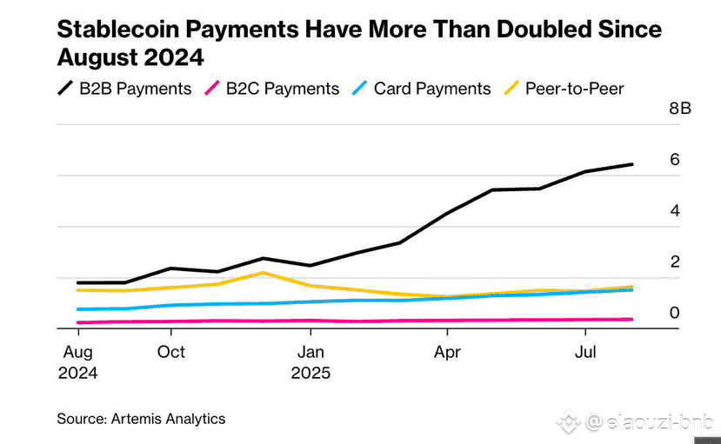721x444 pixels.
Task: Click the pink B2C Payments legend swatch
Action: point(210,89)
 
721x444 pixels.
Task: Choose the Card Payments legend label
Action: point(432,89)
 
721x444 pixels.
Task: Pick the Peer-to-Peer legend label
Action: point(574,89)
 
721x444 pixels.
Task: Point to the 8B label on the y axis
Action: point(679,109)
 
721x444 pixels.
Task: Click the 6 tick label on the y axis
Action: point(674,160)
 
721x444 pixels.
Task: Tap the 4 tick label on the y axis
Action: point(674,211)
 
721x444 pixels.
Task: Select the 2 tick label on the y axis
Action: point(674,262)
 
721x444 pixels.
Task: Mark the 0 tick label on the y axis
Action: point(674,313)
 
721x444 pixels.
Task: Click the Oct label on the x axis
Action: point(171,352)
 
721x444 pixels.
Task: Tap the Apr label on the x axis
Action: point(447,352)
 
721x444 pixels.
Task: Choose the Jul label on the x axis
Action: point(585,352)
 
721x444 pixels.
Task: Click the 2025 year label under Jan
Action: point(310,374)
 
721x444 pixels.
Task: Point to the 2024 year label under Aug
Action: point(78,374)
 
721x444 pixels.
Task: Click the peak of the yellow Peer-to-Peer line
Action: point(263,273)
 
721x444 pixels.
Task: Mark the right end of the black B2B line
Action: point(631,164)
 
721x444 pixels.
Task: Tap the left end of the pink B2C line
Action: point(78,322)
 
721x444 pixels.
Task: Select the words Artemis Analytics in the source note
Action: point(168,419)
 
